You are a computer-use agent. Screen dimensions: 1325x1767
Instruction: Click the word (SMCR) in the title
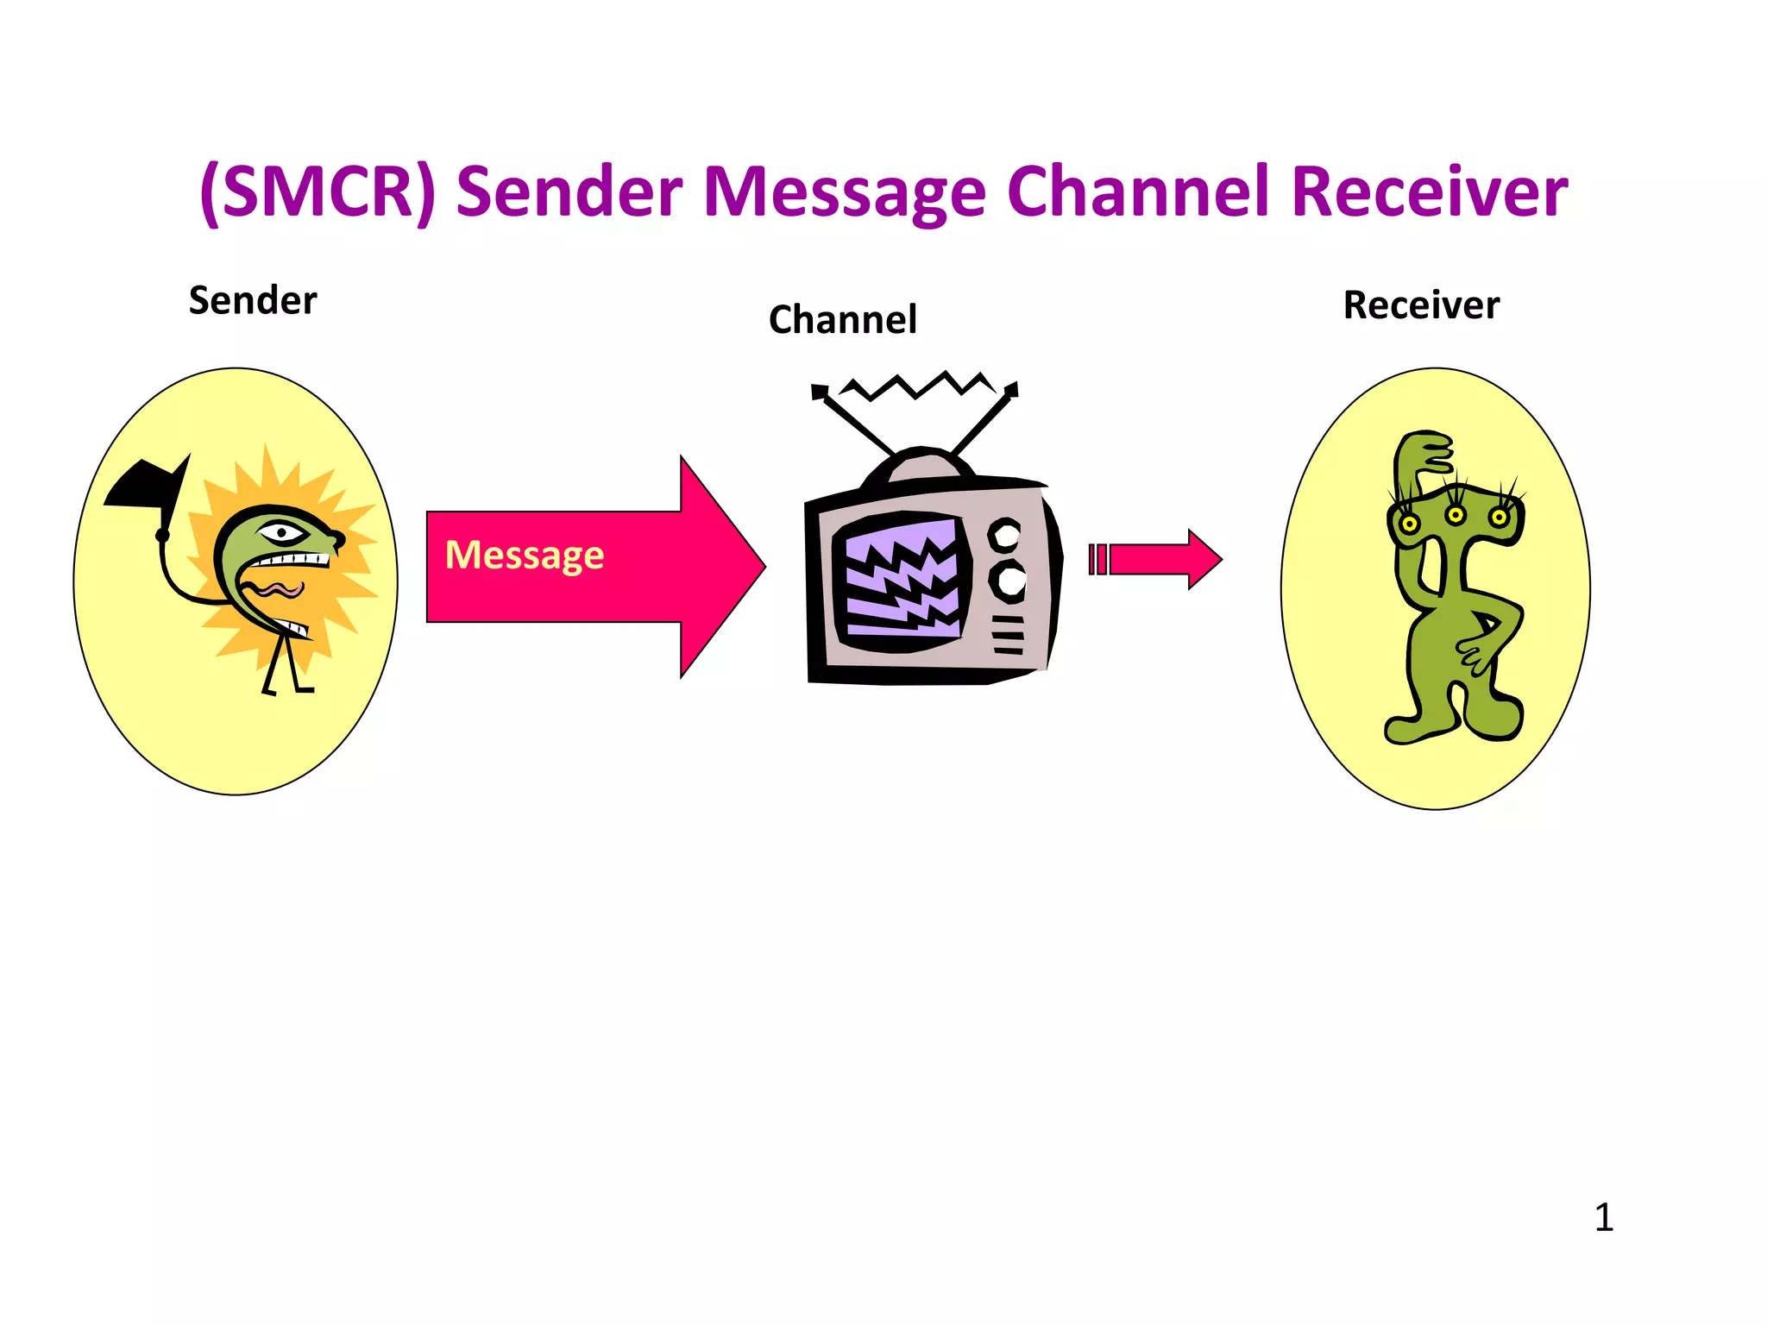click(x=317, y=192)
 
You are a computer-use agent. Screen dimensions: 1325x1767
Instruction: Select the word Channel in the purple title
click(x=1138, y=192)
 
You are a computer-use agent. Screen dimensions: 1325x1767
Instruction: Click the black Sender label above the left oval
click(x=253, y=301)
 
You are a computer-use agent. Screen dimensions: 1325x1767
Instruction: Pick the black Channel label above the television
click(x=842, y=320)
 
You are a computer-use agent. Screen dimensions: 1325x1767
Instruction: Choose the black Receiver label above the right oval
click(x=1421, y=305)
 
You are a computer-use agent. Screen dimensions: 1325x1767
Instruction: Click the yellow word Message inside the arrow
click(x=525, y=555)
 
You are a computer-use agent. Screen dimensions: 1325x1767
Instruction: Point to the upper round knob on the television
click(x=1004, y=535)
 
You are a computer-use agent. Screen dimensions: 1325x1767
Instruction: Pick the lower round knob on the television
click(x=1008, y=580)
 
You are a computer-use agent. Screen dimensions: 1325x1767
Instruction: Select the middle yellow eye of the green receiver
click(x=1456, y=516)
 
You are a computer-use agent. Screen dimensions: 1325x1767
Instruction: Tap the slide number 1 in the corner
click(x=1603, y=1218)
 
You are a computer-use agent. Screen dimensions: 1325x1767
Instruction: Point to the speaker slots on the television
click(x=1008, y=635)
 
